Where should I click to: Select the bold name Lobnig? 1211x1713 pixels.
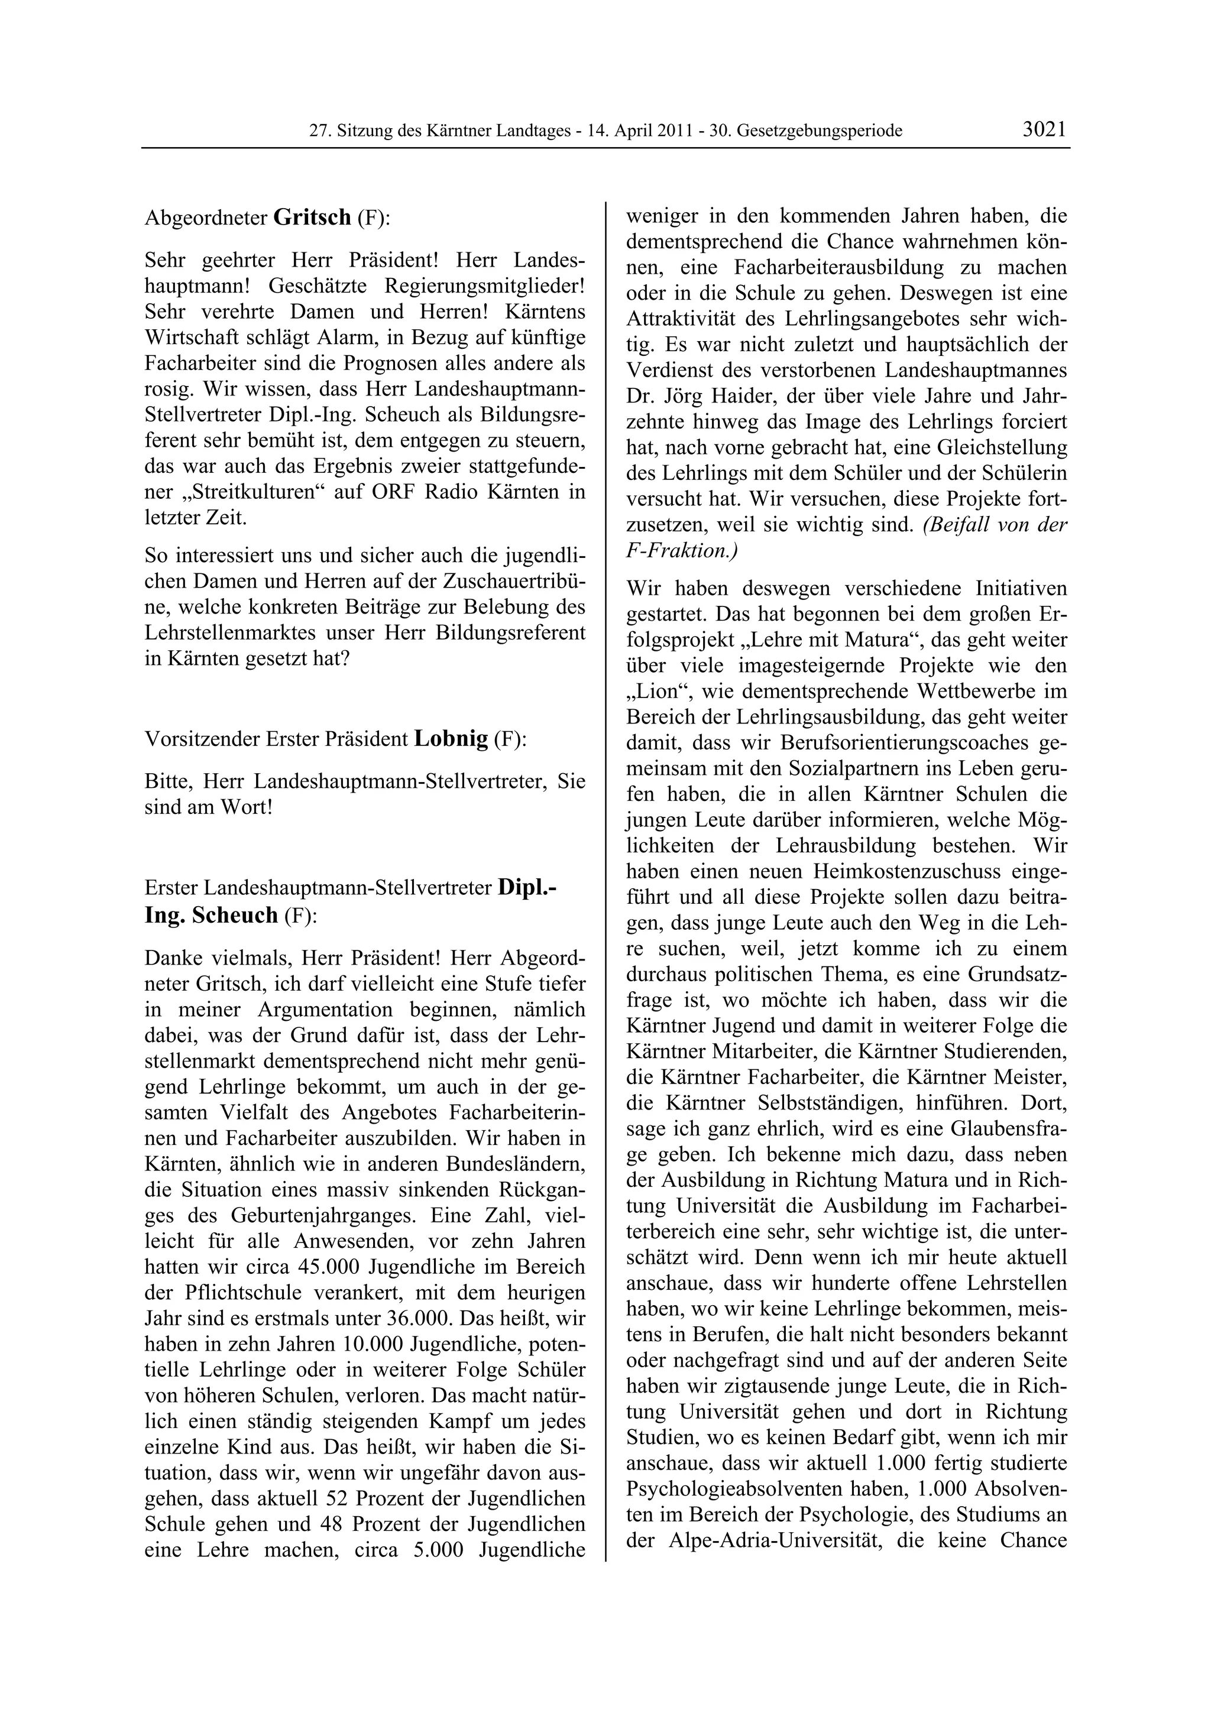click(x=451, y=739)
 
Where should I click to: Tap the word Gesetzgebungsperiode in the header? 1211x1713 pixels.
click(x=820, y=131)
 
